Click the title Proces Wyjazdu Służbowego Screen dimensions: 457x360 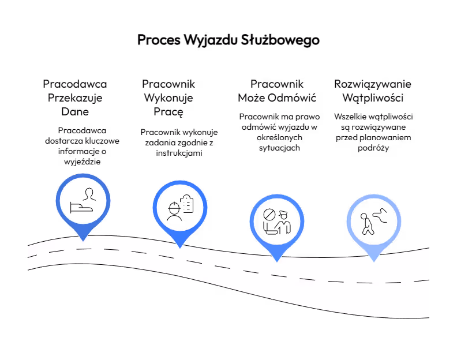click(228, 40)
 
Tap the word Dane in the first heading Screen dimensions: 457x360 click(75, 112)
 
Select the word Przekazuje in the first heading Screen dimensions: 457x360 click(75, 98)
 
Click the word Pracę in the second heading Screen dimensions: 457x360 click(168, 112)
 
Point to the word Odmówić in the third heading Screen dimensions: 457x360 click(292, 97)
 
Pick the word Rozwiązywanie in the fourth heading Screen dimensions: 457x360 click(373, 84)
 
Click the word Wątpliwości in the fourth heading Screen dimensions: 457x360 click(373, 98)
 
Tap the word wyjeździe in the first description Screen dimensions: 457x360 click(82, 162)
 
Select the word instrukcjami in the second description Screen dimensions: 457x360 click(179, 153)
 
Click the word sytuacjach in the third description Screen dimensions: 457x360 click(279, 148)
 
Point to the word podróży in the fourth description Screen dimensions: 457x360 click(373, 148)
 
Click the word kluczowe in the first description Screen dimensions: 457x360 click(102, 141)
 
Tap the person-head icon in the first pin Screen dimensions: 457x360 click(89, 194)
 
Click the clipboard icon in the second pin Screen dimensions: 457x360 click(187, 204)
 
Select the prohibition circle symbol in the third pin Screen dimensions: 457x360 click(269, 215)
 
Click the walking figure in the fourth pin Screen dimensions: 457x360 click(367, 224)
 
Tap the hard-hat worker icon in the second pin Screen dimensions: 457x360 click(174, 211)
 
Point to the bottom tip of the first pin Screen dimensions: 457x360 click(83, 241)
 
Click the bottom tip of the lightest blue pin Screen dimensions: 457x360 click(374, 262)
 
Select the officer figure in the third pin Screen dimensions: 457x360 click(283, 223)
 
